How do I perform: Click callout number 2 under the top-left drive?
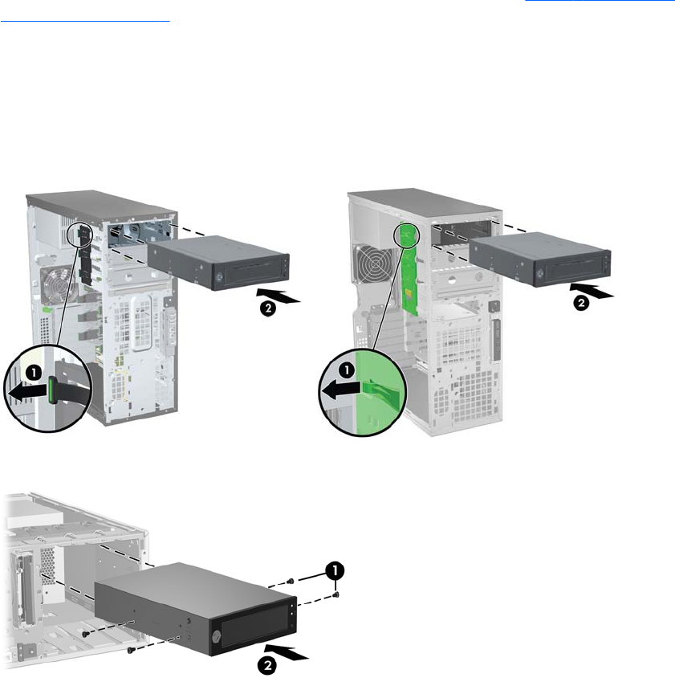268,308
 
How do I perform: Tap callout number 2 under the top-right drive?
581,303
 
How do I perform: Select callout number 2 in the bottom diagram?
267,665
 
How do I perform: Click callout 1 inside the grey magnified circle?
34,374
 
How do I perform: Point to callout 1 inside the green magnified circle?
347,370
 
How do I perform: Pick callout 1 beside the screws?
335,570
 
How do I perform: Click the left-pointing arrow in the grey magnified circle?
27,391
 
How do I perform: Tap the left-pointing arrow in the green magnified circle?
341,389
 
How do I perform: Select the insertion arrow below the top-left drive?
279,295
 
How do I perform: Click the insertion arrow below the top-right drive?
592,290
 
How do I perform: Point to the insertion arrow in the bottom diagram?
287,652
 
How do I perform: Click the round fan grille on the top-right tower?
373,264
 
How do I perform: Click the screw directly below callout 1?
335,594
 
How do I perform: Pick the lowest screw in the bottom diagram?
131,650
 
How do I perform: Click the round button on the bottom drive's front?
216,637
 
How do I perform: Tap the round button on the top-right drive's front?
540,273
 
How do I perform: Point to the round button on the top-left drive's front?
219,276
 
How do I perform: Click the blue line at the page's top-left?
85,21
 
